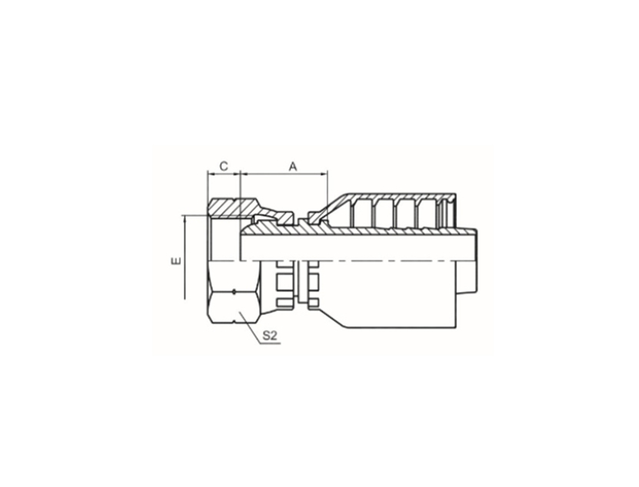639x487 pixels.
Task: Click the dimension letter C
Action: (224, 166)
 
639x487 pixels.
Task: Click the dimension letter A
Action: (293, 167)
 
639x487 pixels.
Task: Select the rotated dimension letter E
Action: (175, 260)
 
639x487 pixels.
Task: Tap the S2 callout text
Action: (270, 336)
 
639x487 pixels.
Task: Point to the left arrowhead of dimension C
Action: (210, 174)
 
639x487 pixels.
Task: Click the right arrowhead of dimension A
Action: (324, 174)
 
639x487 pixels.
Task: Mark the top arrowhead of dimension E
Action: (185, 219)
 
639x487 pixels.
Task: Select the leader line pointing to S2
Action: (250, 328)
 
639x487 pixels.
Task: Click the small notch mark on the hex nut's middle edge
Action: (234, 292)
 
